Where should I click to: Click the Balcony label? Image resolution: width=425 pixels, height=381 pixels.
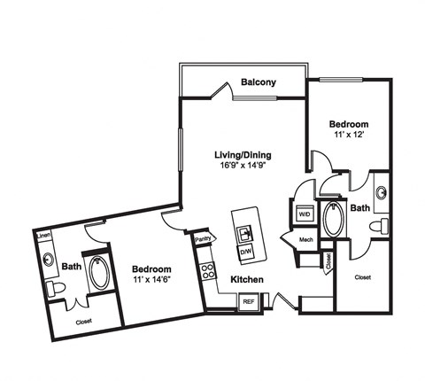tap(259, 82)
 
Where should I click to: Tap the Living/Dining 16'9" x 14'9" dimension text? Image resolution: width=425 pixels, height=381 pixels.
tap(242, 165)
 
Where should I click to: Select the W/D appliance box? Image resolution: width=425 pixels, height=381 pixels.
tap(305, 214)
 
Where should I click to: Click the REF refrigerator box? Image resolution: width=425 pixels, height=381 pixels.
tap(249, 302)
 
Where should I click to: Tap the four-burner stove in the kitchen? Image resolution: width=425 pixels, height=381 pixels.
tap(207, 271)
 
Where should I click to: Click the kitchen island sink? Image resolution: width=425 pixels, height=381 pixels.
tap(245, 234)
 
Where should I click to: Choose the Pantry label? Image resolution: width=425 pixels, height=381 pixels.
tap(203, 239)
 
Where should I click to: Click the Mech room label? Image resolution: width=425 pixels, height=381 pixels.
tap(306, 239)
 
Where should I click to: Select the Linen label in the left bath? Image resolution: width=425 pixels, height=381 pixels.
tap(44, 236)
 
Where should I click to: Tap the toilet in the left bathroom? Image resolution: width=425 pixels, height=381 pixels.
tap(56, 289)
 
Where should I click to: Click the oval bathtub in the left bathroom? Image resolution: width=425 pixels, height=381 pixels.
tap(99, 272)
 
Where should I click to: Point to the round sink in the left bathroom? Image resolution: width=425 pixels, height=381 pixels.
tap(48, 259)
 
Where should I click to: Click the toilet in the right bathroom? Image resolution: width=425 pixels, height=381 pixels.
tap(379, 226)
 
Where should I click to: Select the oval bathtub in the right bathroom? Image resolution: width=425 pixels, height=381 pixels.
tap(334, 219)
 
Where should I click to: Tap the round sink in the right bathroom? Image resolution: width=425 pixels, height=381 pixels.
tap(382, 193)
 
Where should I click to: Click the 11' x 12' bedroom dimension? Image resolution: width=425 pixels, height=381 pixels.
tap(349, 135)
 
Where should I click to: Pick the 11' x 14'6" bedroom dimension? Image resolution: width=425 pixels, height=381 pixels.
tap(152, 279)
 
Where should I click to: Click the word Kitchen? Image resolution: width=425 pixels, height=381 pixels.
tap(247, 279)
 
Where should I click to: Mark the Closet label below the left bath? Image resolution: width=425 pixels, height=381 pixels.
tap(83, 322)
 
